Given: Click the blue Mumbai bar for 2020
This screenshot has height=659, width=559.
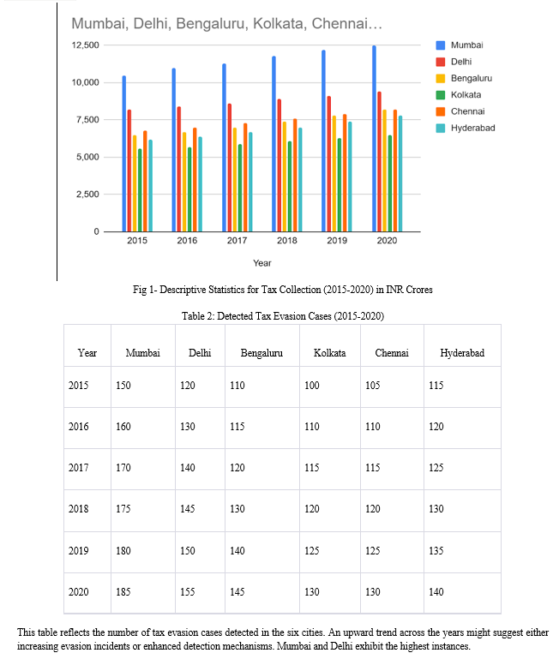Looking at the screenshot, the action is click(374, 139).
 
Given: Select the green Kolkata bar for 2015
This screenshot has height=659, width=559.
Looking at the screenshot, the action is click(140, 190).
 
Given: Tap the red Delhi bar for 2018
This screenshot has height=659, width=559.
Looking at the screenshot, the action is click(279, 165).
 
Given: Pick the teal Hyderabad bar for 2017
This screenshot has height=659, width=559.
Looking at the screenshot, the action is click(250, 182).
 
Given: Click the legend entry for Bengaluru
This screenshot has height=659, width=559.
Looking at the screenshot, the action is click(465, 78).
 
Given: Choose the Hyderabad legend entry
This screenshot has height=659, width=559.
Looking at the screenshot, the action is click(466, 128).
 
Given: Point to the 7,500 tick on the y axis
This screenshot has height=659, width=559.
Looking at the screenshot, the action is click(87, 120).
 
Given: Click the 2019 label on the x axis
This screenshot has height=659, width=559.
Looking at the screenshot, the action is click(337, 241).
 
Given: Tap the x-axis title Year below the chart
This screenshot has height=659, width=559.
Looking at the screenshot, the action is click(262, 263).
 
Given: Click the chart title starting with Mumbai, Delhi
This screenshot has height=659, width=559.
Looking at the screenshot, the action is click(226, 23).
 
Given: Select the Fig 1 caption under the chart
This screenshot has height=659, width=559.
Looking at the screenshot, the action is click(283, 290).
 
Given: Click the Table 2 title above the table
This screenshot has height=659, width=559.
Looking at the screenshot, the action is click(283, 316).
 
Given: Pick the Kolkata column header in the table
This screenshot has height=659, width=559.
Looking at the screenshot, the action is click(330, 352).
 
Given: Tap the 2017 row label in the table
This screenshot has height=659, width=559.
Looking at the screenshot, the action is click(79, 467).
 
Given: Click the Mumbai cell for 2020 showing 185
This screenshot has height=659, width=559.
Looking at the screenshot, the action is click(123, 592).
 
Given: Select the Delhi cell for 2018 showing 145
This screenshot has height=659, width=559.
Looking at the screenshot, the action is click(188, 508).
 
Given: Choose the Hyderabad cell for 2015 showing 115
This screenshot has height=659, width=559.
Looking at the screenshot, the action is click(436, 385).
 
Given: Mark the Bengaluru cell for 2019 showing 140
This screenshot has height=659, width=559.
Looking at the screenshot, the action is click(237, 550).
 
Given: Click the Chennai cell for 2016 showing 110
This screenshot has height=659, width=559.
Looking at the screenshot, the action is click(373, 426).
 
